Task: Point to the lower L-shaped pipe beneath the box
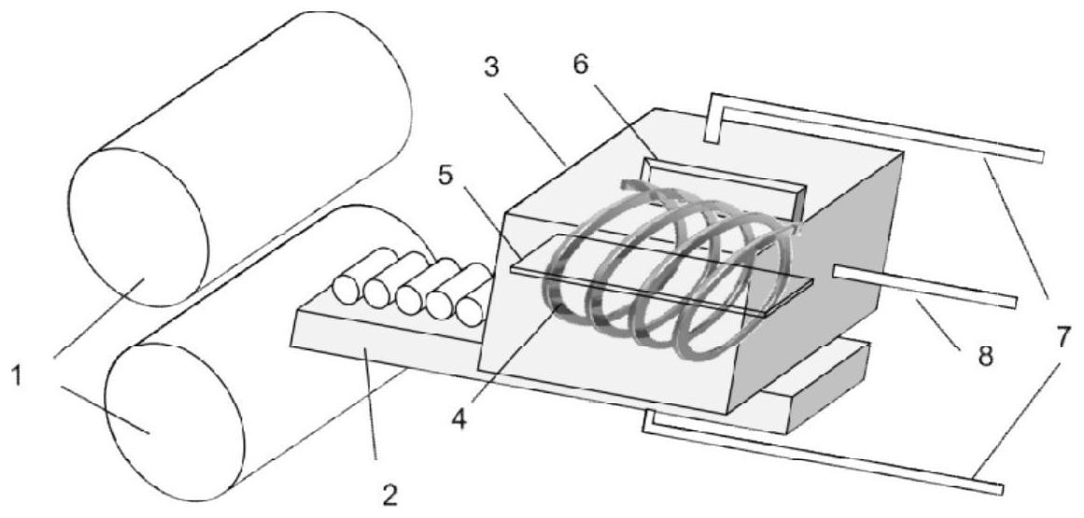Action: pos(822,457)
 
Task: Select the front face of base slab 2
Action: pos(383,359)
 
